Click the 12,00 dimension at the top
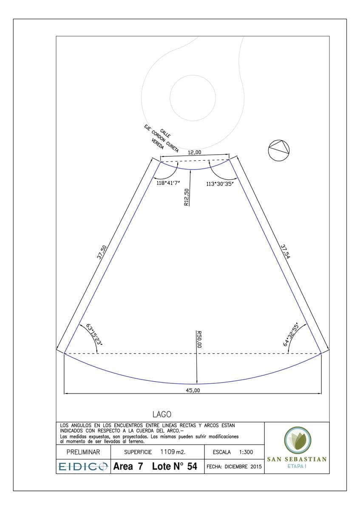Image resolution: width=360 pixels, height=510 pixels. [194, 152]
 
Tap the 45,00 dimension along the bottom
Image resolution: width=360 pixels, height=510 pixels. [193, 391]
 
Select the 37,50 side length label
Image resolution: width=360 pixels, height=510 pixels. [102, 252]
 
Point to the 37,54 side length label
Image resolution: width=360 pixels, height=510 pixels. [285, 252]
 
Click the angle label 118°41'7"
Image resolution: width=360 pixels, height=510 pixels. [168, 183]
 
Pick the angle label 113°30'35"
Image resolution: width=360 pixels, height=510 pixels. [220, 184]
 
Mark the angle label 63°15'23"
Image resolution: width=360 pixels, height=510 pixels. [94, 334]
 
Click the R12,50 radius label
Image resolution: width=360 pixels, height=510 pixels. [187, 197]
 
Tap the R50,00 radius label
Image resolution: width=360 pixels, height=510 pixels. [199, 339]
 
